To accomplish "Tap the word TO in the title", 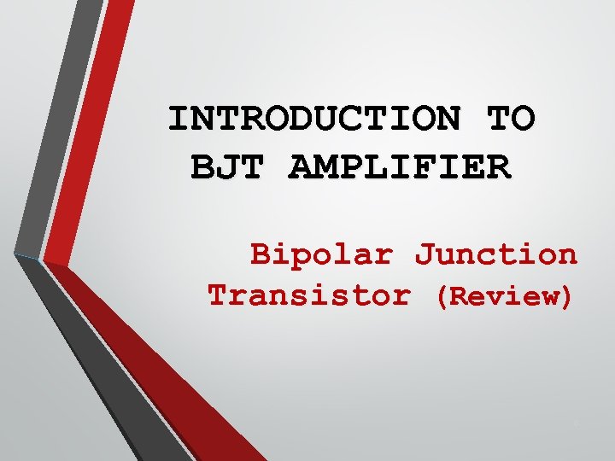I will [512, 119].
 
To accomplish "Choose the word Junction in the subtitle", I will [495, 254].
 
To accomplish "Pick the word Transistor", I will [308, 296].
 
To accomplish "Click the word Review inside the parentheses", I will [503, 297].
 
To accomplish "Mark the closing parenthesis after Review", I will [565, 297].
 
